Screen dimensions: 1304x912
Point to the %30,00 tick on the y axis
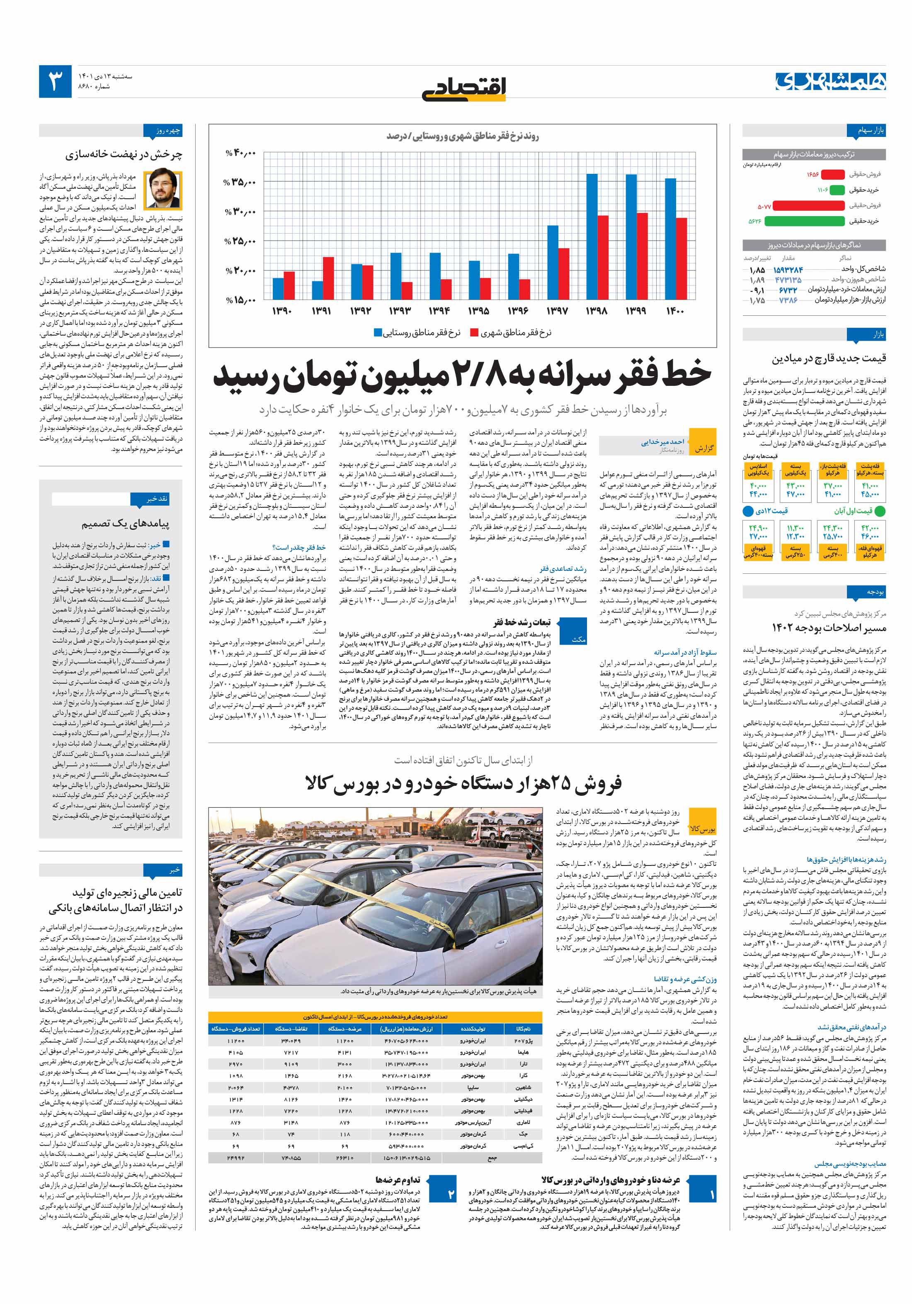click(x=240, y=212)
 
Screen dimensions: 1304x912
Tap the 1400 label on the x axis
click(x=675, y=311)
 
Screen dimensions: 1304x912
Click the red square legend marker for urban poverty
click(x=474, y=333)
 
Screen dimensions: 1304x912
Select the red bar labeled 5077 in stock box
click(x=809, y=206)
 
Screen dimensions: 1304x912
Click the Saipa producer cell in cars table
click(x=473, y=1087)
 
